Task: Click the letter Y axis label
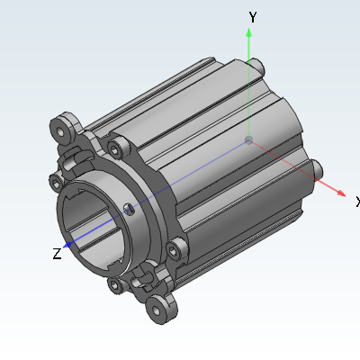(x=253, y=17)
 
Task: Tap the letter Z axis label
(x=57, y=254)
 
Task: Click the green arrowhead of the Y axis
(x=248, y=32)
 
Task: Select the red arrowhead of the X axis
(x=341, y=193)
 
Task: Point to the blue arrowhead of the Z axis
(x=67, y=245)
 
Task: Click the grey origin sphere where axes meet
(x=248, y=139)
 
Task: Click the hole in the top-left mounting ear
(x=62, y=131)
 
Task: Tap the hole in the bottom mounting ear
(x=157, y=311)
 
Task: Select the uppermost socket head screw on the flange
(x=118, y=148)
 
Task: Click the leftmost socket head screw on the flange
(x=56, y=183)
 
